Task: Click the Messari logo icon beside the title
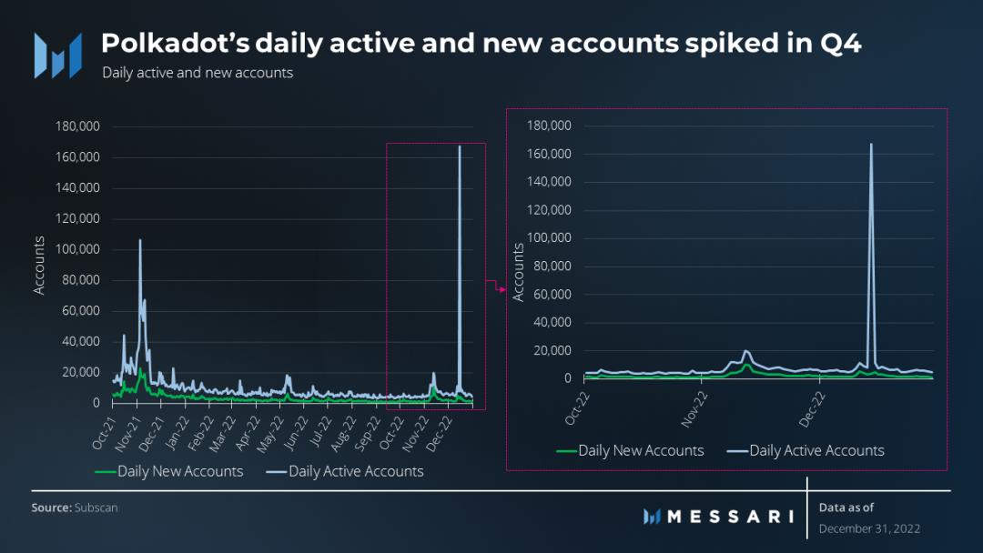tap(57, 55)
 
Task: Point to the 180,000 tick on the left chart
tap(80, 126)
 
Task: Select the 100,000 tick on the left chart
tap(80, 249)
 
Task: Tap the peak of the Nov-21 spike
tap(140, 240)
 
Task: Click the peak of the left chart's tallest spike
tap(460, 146)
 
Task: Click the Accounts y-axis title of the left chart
tap(39, 265)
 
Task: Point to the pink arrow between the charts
tap(500, 289)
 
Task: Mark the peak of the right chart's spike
tap(871, 144)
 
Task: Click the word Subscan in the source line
tap(96, 508)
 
